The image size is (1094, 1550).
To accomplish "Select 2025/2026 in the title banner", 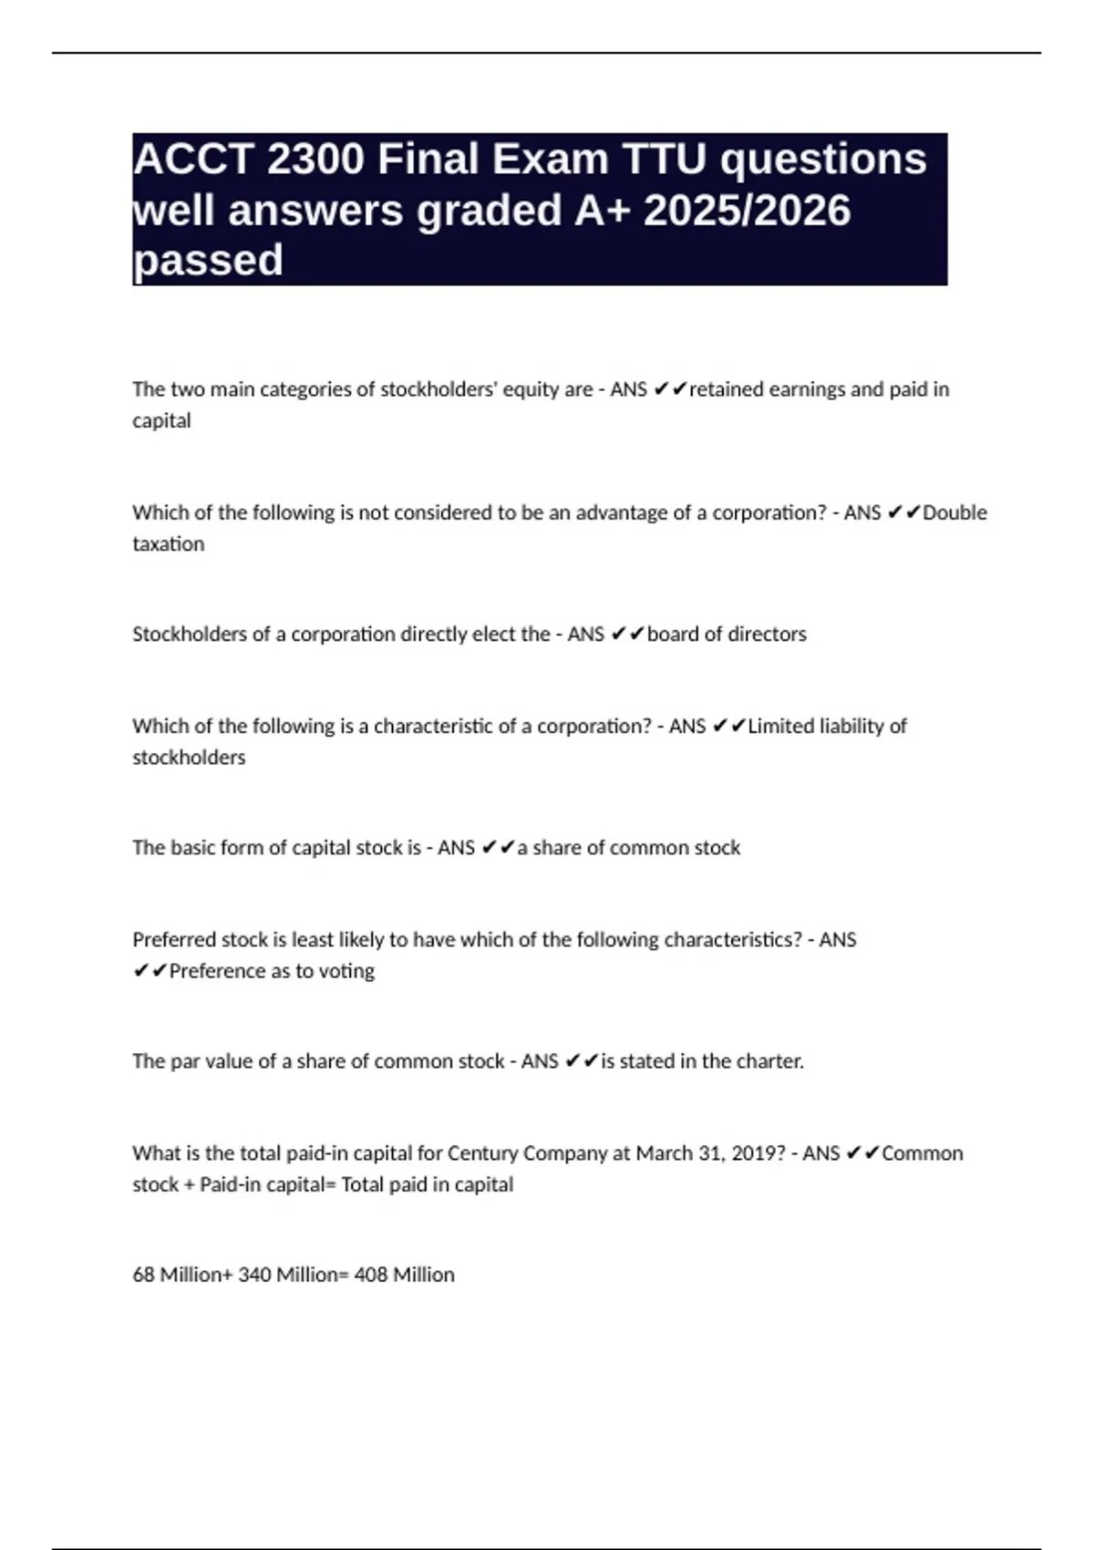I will click(747, 211).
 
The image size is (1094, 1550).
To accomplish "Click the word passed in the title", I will click(208, 261).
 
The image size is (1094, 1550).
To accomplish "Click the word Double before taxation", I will click(955, 512).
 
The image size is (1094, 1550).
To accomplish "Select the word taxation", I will click(169, 544).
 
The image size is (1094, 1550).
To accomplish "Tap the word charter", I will click(770, 1061).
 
